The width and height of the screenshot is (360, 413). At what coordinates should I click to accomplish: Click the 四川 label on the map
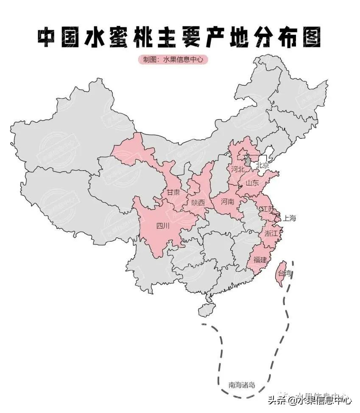pyautogui.click(x=163, y=226)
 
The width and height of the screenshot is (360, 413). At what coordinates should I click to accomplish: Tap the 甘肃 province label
pyautogui.click(x=173, y=192)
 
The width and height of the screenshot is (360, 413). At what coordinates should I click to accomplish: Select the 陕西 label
pyautogui.click(x=198, y=203)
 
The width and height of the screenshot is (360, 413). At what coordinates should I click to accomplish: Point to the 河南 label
pyautogui.click(x=228, y=202)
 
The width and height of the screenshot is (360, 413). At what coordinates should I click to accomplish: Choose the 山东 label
pyautogui.click(x=252, y=183)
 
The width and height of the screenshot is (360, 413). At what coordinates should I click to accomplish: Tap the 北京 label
pyautogui.click(x=262, y=166)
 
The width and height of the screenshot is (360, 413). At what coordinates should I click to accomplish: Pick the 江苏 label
pyautogui.click(x=268, y=209)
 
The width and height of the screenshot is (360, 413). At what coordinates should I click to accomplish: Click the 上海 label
pyautogui.click(x=290, y=219)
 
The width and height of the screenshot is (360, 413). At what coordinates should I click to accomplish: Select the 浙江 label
pyautogui.click(x=271, y=233)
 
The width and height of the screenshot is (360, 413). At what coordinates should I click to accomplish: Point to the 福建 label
pyautogui.click(x=260, y=259)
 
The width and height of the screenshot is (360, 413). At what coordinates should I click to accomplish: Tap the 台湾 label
pyautogui.click(x=285, y=273)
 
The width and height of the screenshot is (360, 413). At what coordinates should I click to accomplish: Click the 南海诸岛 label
pyautogui.click(x=242, y=385)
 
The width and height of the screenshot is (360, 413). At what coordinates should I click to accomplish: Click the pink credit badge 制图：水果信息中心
pyautogui.click(x=173, y=59)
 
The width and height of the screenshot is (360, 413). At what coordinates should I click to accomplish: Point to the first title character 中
pyautogui.click(x=49, y=38)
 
